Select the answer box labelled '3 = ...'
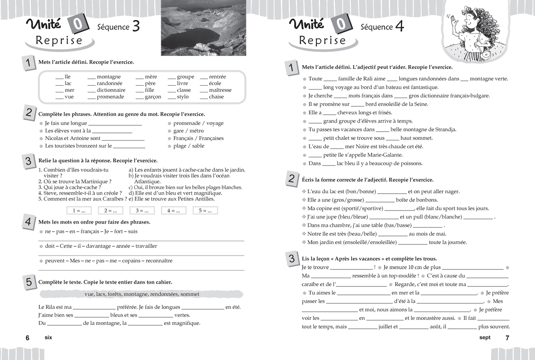[142, 211]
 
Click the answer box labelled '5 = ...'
[206, 211]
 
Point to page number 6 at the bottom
[27, 338]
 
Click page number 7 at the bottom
[507, 338]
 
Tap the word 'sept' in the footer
[485, 338]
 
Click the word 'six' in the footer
[49, 338]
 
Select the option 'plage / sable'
[189, 146]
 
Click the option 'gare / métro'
[188, 131]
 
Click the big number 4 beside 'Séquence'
[399, 27]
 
